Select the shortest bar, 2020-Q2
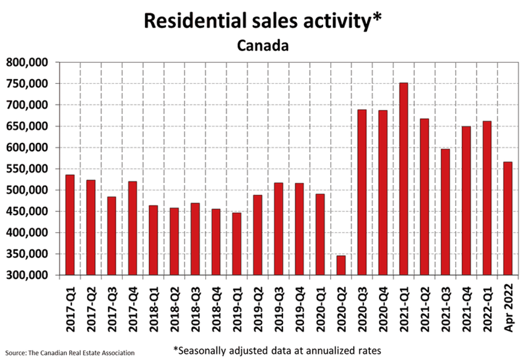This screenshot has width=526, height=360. pos(341,266)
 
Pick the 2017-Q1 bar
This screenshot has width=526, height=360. pos(70,225)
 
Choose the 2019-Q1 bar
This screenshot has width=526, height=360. pos(236,244)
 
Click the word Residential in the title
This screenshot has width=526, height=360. pos(192,21)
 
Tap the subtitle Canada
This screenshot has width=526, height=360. pos(263,46)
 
